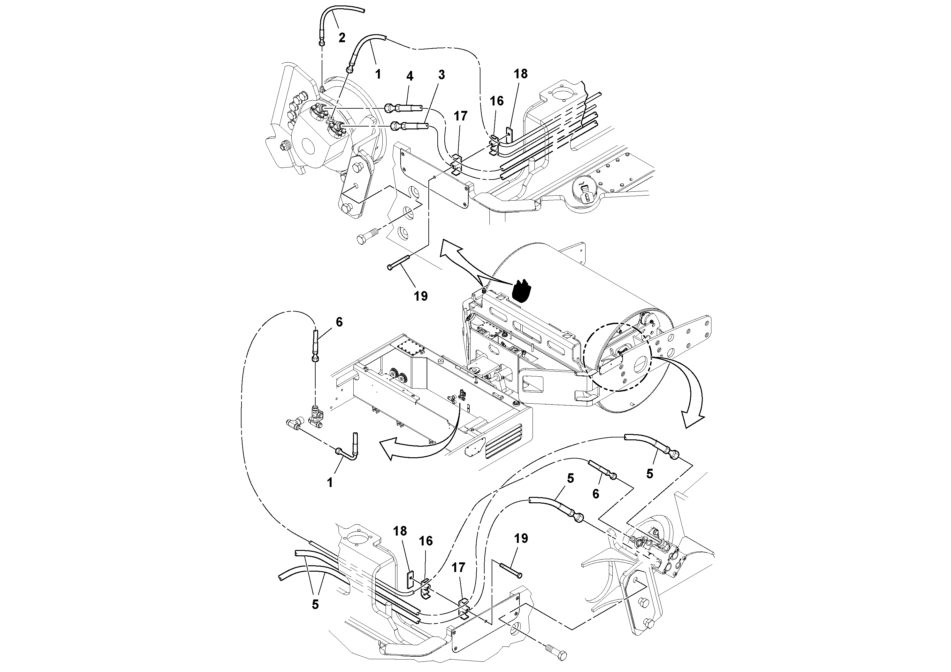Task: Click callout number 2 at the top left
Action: [x=342, y=38]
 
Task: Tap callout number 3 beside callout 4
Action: [x=441, y=75]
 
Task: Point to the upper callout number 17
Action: [x=461, y=116]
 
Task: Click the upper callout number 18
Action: [x=521, y=74]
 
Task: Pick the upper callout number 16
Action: [x=497, y=101]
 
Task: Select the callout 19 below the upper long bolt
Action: [x=420, y=296]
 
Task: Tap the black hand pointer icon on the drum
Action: [x=521, y=290]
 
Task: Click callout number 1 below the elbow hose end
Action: [x=330, y=483]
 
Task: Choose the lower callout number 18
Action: [x=400, y=531]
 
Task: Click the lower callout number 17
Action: [x=458, y=567]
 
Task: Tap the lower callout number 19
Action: [x=521, y=539]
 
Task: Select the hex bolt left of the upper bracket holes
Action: [x=366, y=237]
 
